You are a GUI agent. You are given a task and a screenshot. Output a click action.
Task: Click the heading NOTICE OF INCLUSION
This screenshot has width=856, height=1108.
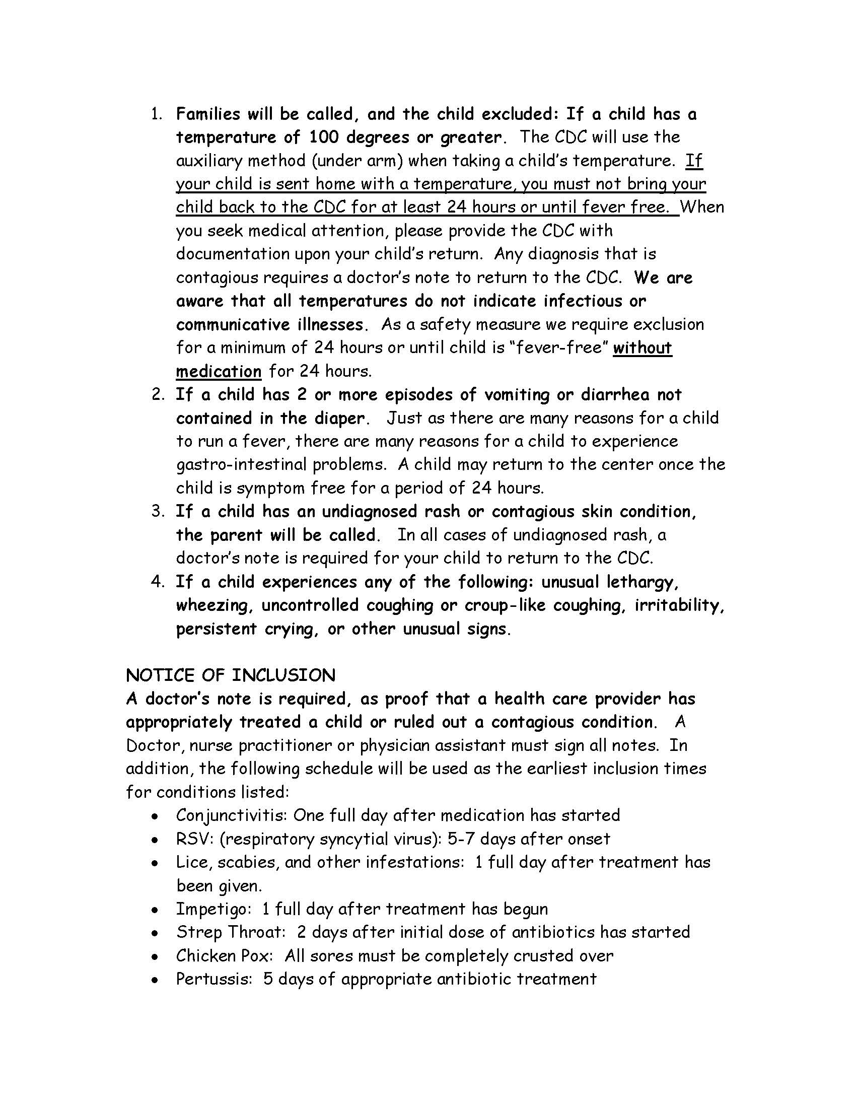click(x=230, y=675)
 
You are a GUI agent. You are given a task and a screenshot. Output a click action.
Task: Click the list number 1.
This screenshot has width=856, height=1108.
click(x=157, y=114)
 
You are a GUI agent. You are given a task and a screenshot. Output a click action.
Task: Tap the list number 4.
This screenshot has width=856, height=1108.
click(x=157, y=582)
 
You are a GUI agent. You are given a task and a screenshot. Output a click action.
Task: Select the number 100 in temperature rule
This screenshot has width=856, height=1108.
click(x=325, y=137)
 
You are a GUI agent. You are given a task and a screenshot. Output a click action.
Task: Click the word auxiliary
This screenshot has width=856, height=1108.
click(x=209, y=161)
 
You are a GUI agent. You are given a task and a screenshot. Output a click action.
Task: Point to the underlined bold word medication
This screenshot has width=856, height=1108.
click(x=219, y=371)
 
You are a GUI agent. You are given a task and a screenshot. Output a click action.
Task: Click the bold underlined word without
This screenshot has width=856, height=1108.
click(x=642, y=348)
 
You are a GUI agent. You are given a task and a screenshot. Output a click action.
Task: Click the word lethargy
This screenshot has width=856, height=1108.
click(x=642, y=582)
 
